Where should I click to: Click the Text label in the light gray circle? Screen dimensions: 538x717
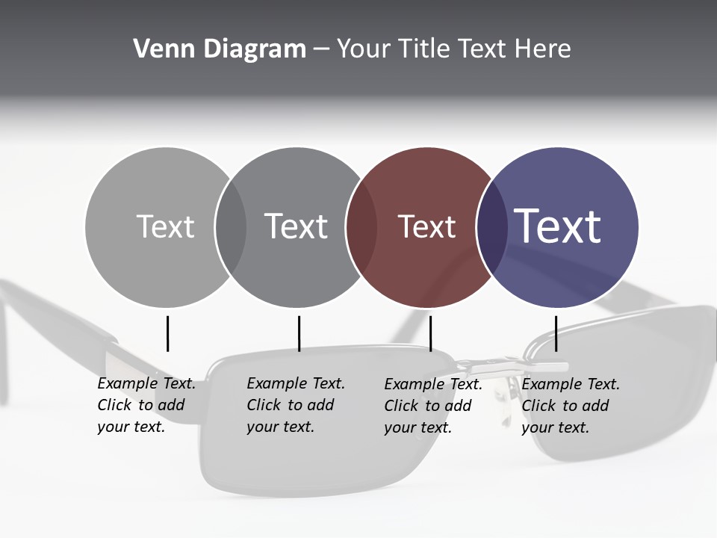[165, 226]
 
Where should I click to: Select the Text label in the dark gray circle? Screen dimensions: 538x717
[296, 226]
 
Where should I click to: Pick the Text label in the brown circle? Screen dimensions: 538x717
[426, 226]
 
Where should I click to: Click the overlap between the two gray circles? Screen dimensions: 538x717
[231, 226]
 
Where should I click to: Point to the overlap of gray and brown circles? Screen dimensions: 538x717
[361, 226]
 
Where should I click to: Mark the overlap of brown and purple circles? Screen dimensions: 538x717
[492, 226]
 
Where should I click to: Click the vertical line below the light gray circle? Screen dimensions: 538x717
[167, 333]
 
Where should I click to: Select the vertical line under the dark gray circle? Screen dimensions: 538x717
[299, 333]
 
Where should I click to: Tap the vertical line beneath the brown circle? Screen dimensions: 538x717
[430, 333]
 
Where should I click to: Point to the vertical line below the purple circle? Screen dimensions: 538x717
[556, 333]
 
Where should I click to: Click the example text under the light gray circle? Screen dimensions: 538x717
[146, 405]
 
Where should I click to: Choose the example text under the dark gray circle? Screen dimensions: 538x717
[295, 405]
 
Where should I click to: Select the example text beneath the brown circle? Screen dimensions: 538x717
[432, 405]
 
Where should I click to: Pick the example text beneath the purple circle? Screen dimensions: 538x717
[570, 405]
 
